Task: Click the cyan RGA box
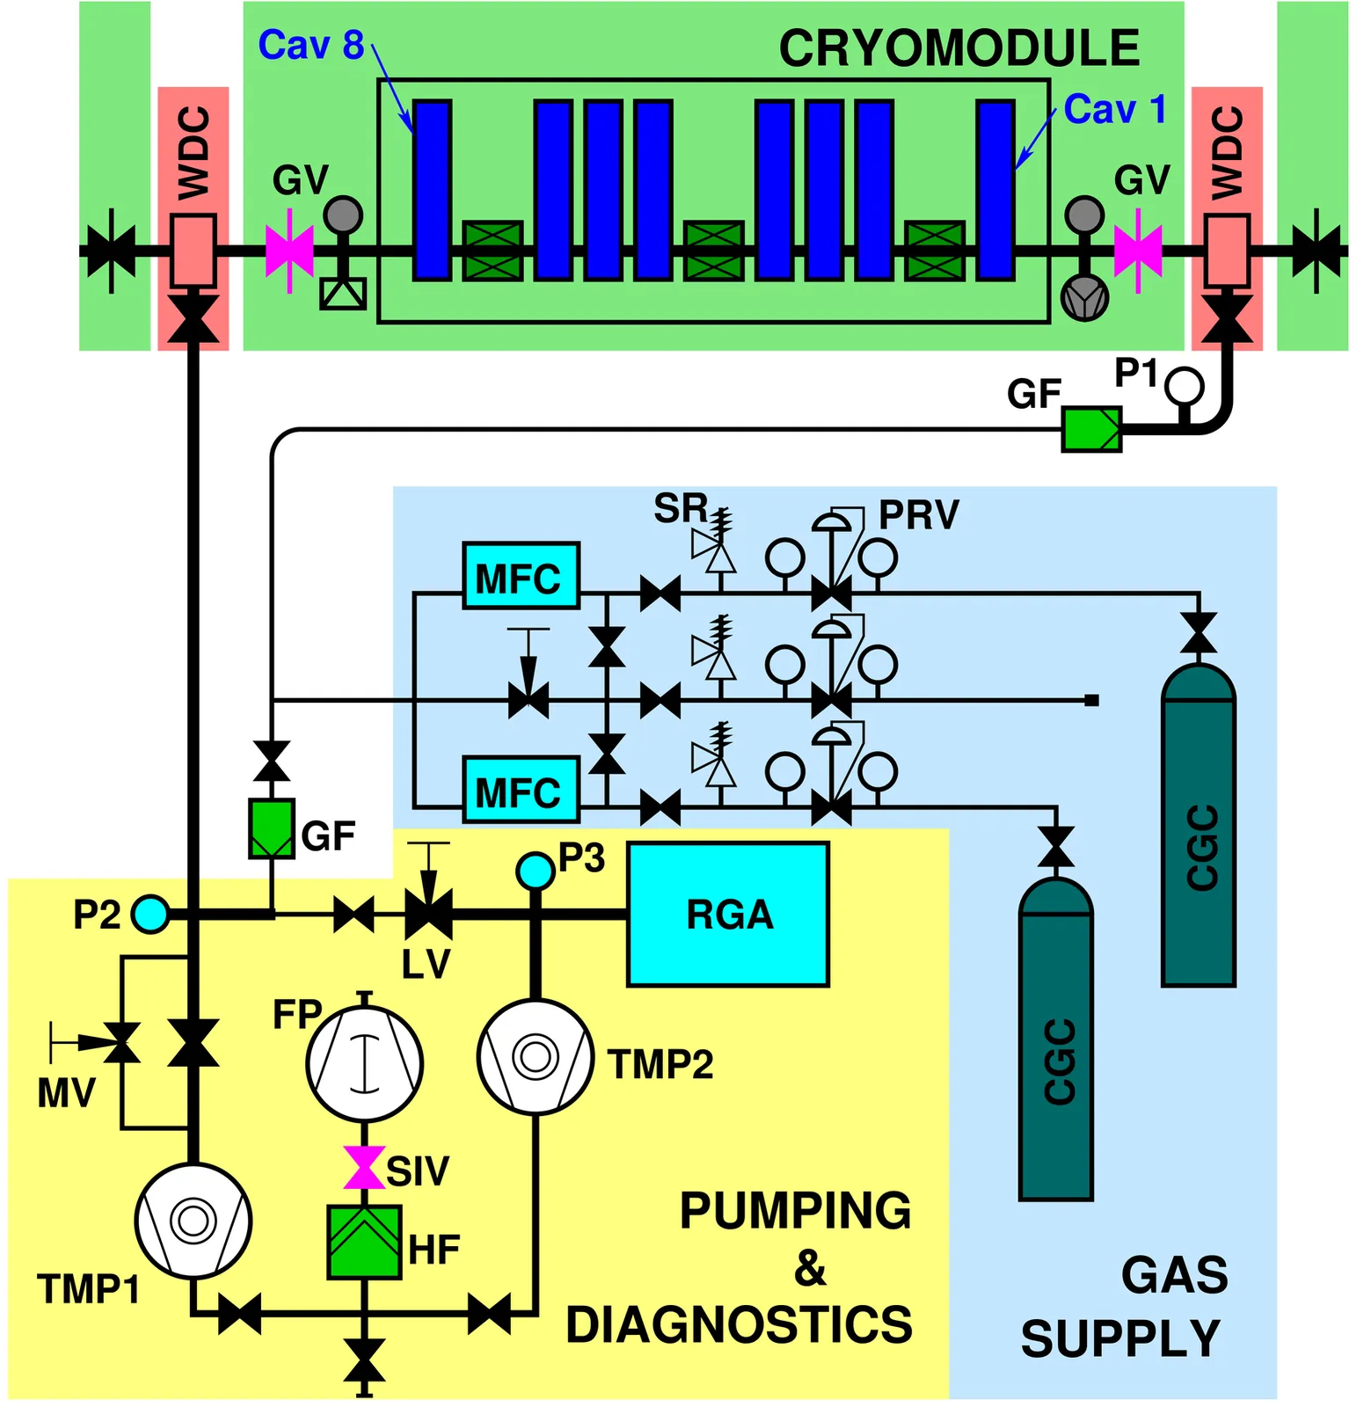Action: pos(727,915)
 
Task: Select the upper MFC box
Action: pos(521,576)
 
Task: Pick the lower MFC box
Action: pos(521,790)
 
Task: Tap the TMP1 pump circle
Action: pos(193,1220)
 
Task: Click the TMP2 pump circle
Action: pos(536,1056)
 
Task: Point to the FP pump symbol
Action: pos(364,1063)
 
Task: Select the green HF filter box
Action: pos(364,1241)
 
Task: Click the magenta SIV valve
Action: pos(364,1167)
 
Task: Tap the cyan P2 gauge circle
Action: pos(149,915)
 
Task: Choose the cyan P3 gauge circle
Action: pos(535,871)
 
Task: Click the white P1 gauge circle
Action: pos(1184,385)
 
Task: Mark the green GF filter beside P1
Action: pos(1091,429)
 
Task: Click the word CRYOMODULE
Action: pos(959,48)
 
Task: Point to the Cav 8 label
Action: pos(310,45)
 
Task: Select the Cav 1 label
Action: pos(1114,110)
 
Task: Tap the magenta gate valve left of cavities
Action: pos(289,251)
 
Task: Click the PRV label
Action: pos(918,514)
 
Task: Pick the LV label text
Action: pos(426,965)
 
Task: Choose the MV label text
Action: pos(66,1093)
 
